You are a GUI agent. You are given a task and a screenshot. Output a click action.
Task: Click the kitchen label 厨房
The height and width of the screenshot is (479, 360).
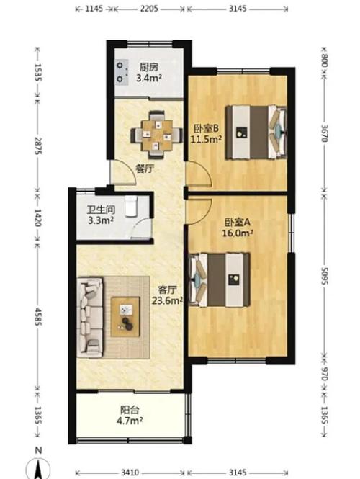coord(149,67)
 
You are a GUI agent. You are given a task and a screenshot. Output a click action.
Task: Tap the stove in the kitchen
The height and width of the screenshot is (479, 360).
coord(121,72)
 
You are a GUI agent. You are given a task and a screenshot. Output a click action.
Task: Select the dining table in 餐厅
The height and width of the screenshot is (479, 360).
coord(157,135)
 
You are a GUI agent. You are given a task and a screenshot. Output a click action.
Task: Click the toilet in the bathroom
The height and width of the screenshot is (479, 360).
coord(131,207)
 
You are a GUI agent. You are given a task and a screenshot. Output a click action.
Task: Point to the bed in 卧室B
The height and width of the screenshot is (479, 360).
coord(256,133)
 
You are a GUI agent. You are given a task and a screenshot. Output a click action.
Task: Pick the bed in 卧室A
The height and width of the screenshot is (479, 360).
coord(220,279)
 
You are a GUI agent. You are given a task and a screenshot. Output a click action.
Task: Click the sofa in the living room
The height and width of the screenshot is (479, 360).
coord(90,317)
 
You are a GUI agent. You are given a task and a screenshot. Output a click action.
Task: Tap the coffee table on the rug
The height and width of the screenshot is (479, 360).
coord(125,317)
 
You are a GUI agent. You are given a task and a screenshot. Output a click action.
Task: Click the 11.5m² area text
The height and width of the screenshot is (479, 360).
coord(206,139)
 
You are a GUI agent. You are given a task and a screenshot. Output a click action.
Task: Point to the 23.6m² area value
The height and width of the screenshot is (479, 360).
coord(167,300)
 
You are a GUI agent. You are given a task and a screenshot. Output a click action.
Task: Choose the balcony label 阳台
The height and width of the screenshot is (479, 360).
coord(130,409)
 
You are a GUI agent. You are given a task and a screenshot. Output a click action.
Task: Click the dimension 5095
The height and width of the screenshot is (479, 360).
coord(325,276)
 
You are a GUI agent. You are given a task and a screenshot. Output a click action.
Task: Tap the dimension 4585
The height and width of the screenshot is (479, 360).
coord(37,316)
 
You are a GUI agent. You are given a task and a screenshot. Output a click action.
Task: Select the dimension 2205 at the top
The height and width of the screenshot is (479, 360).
coord(149,9)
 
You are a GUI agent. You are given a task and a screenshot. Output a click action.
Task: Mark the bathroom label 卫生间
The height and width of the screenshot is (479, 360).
coord(101,210)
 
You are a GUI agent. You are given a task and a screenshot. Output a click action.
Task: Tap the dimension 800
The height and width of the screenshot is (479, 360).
coord(325,61)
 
